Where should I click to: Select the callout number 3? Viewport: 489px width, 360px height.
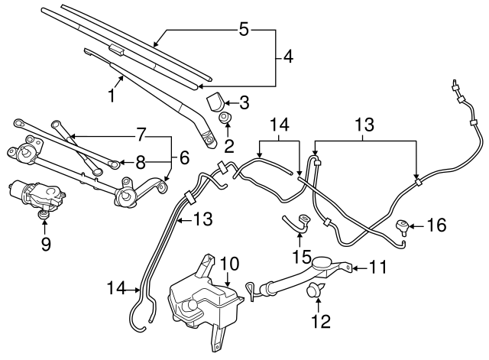pos(244,101)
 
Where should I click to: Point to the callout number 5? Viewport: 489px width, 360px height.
pos(244,30)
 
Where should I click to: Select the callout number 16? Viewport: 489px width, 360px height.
pos(435,225)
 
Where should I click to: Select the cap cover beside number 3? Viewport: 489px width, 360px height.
pos(217,102)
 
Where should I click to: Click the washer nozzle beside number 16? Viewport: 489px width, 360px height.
pos(402,225)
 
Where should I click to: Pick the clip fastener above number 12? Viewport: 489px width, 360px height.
pos(313,290)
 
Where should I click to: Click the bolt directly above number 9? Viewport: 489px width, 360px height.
pos(44,218)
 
